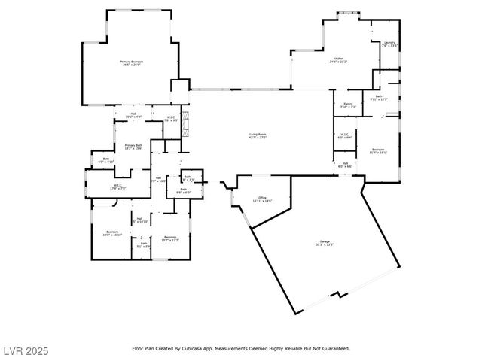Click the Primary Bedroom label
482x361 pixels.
[x=132, y=63]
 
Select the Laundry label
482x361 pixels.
[x=389, y=44]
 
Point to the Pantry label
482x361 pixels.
[x=348, y=105]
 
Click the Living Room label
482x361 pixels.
[x=258, y=136]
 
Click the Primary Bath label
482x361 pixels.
[x=133, y=147]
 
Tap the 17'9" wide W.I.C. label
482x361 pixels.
[x=118, y=187]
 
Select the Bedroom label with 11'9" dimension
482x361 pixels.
[x=379, y=151]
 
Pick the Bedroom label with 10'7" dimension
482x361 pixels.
[x=170, y=238]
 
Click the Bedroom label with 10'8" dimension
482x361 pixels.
[x=112, y=233]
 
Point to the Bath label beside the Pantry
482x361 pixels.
[x=378, y=98]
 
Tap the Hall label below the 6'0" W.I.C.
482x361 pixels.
[x=345, y=164]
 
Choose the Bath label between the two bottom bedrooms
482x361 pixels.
[x=143, y=244]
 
